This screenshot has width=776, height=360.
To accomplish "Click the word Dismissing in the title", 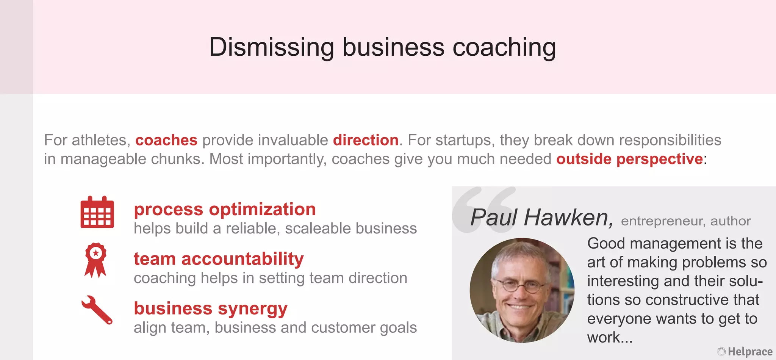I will (x=271, y=47).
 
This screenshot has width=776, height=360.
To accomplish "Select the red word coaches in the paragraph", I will (x=166, y=140).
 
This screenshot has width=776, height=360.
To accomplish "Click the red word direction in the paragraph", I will (x=366, y=140).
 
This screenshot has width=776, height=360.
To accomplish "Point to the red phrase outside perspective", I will (x=629, y=159).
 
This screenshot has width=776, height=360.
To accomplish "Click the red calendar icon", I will (x=97, y=212).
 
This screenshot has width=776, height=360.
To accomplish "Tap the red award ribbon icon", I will (x=95, y=260).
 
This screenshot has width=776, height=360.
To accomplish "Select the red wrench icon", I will (x=97, y=310).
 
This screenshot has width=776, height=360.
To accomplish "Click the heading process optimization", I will (x=225, y=210).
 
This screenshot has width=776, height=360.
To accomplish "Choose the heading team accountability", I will (x=219, y=259).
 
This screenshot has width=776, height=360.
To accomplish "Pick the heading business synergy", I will (x=211, y=308).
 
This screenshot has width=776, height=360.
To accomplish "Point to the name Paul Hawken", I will (x=541, y=218).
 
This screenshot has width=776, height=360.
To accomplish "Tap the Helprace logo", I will (x=745, y=352).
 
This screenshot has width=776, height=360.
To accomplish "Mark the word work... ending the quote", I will (x=610, y=337).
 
